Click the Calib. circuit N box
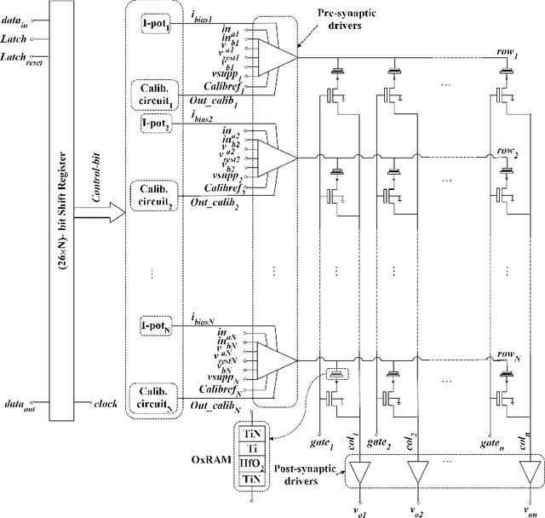click(155, 398)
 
